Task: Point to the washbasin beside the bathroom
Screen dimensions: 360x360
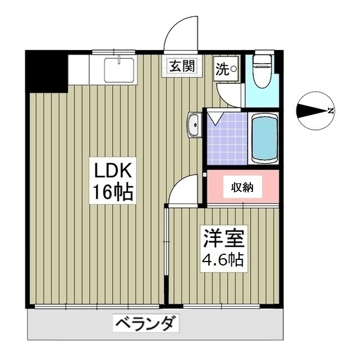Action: point(194,124)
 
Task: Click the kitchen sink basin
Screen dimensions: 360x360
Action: point(118,70)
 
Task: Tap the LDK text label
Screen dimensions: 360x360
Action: point(112,170)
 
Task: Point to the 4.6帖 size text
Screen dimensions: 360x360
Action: point(223,260)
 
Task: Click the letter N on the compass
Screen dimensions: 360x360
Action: point(330,111)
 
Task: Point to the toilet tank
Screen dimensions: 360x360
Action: point(262,58)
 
